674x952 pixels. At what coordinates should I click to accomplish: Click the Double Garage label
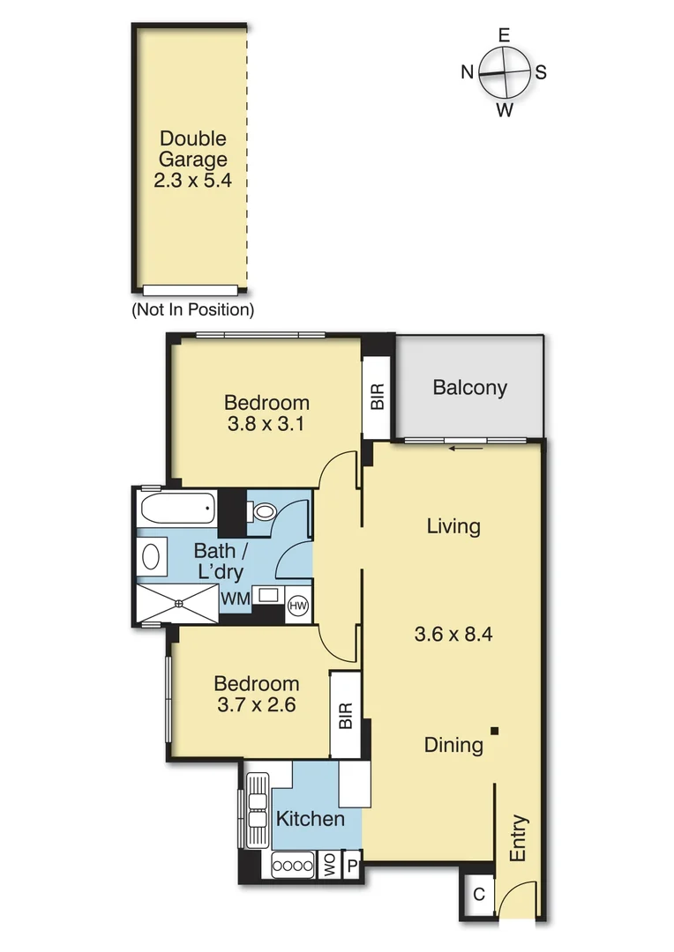(193, 149)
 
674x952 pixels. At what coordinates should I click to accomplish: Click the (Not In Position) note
(192, 310)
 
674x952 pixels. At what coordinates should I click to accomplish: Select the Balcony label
(469, 388)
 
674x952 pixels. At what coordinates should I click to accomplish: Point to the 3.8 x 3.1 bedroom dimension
(266, 423)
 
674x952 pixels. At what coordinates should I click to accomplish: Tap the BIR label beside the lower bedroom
(345, 715)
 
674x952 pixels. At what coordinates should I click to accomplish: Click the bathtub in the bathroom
(177, 508)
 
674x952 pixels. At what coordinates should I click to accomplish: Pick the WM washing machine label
(236, 599)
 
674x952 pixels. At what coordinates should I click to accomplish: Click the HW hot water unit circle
(297, 606)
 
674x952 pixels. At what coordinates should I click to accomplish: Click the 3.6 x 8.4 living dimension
(452, 633)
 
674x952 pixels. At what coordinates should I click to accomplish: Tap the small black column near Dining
(496, 730)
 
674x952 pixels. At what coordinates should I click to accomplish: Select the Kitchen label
(310, 819)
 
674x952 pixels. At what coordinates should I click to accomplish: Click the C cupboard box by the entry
(479, 895)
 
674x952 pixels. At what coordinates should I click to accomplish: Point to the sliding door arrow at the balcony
(466, 448)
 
